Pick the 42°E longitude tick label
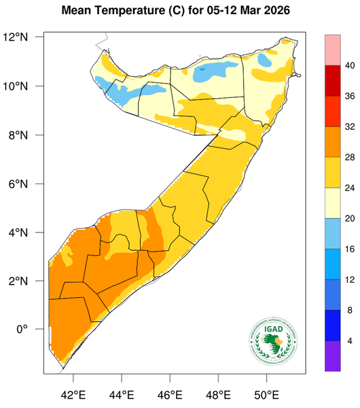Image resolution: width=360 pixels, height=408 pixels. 73,394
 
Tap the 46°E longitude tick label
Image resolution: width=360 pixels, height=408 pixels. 169,394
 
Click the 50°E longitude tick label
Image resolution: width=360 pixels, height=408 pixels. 266,394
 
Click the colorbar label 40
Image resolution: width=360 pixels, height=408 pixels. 350,66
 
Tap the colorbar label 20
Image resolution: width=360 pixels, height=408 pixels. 350,219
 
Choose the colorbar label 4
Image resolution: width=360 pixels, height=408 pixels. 350,341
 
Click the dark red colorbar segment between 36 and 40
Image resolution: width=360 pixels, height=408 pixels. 331,80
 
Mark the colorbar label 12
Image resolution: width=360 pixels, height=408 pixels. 350,280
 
